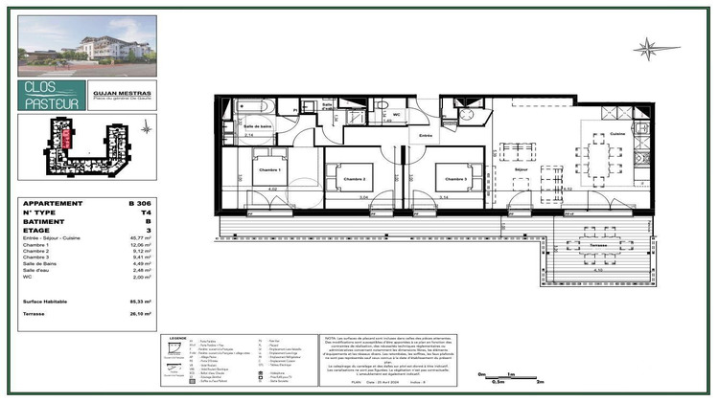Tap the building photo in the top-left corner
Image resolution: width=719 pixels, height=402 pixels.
tap(87, 46)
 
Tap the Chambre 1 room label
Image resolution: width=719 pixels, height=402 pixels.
tap(268, 170)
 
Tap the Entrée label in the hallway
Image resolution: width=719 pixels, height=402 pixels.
tap(426, 137)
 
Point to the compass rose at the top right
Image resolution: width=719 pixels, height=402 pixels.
tap(650, 48)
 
